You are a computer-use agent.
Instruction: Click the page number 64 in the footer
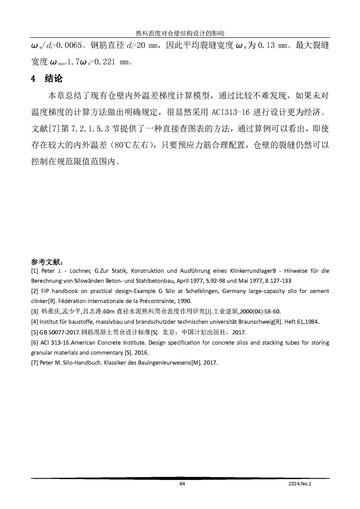(x=182, y=484)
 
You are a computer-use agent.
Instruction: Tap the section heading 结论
(x=53, y=78)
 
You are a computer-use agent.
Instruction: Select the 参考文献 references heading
(x=47, y=262)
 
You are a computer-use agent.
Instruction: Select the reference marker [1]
(x=35, y=271)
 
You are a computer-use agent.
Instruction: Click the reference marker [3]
(x=35, y=311)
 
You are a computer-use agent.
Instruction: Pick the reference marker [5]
(x=35, y=332)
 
